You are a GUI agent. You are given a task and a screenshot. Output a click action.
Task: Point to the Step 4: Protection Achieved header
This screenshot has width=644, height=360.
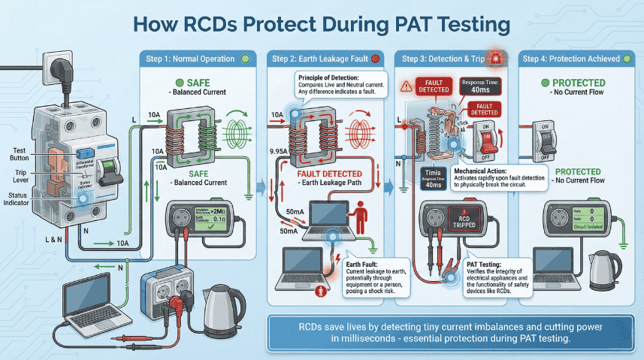tap(579, 59)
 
